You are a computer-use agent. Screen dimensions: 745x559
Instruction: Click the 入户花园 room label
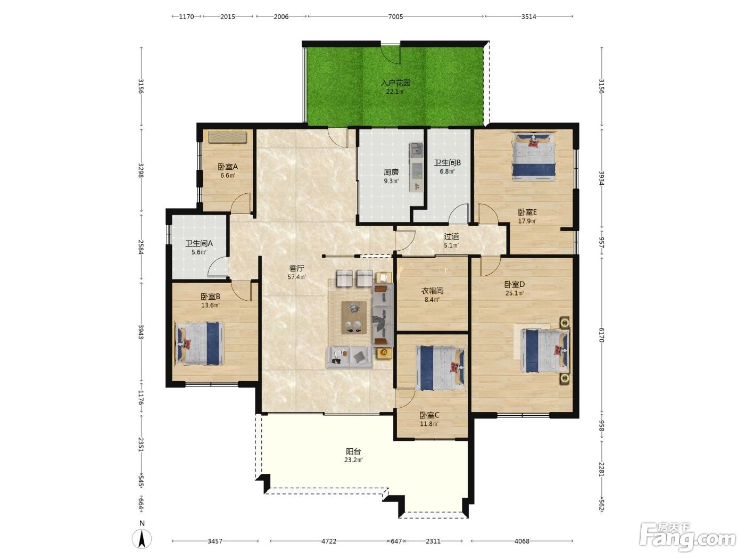[x=395, y=83]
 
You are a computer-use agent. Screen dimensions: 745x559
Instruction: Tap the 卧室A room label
[x=227, y=167]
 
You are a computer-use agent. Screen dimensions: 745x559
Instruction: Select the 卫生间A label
[x=199, y=243]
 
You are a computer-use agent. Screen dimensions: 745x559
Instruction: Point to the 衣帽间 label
[x=432, y=291]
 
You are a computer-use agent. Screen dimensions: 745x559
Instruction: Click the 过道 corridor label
[x=451, y=236]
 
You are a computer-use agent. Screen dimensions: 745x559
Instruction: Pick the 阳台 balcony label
[x=353, y=451]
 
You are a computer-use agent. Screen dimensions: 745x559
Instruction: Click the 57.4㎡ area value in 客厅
[x=296, y=277]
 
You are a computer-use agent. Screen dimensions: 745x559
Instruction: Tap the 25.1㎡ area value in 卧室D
[x=515, y=293]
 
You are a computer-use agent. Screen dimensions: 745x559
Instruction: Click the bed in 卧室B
[x=199, y=343]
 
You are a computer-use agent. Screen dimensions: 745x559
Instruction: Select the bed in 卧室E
[x=534, y=156]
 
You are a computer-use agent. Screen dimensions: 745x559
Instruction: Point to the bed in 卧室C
[x=440, y=368]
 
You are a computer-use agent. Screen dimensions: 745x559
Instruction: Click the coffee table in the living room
[x=354, y=317]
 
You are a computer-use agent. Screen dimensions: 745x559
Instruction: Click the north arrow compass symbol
[x=142, y=539]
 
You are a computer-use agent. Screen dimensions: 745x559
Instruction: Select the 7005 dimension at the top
[x=395, y=17]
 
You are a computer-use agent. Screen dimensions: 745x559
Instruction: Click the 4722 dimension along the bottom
[x=328, y=541]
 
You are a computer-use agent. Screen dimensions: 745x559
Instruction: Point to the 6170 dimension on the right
[x=601, y=335]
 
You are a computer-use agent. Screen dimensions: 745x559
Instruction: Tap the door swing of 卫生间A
[x=218, y=266]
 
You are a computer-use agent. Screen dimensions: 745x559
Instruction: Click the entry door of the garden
[x=390, y=54]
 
